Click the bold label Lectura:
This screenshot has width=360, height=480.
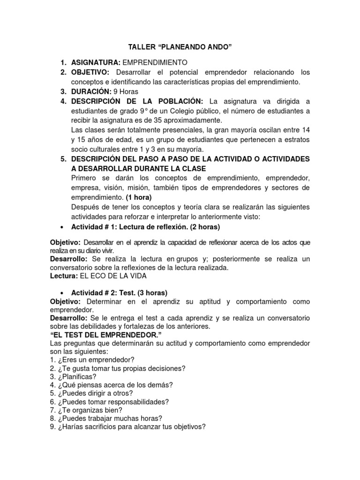64,277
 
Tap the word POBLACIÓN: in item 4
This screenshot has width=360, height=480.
177,101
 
